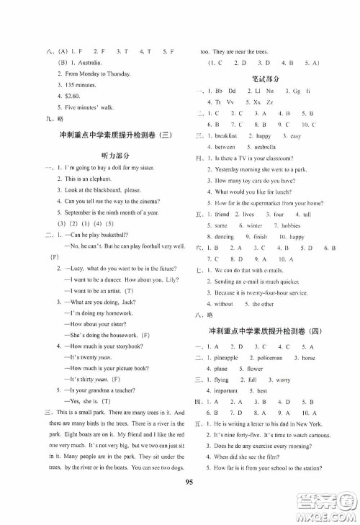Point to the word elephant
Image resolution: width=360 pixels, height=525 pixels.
[x=95, y=178]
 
